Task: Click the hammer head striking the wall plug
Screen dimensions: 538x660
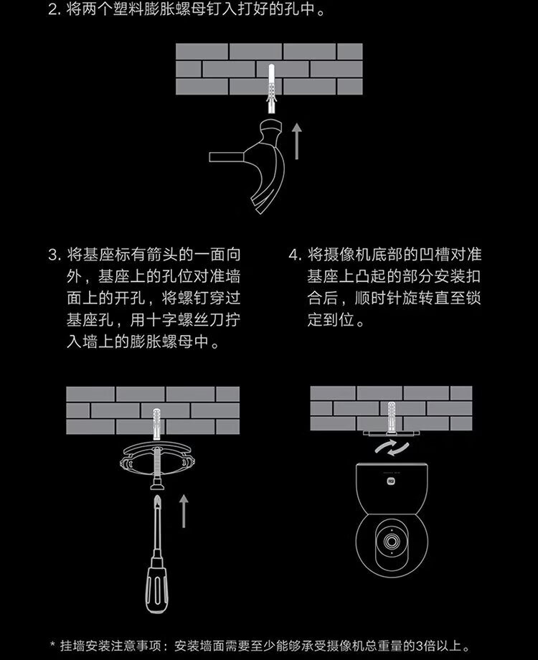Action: pyautogui.click(x=271, y=127)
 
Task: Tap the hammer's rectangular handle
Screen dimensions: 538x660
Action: pyautogui.click(x=227, y=157)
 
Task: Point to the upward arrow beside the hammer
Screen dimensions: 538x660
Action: pyautogui.click(x=297, y=141)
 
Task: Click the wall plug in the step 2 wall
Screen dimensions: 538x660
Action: pyautogui.click(x=272, y=88)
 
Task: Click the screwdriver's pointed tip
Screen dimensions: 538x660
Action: pyautogui.click(x=157, y=496)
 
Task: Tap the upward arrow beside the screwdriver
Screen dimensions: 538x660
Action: pyautogui.click(x=184, y=511)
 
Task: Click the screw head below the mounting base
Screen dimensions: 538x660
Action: pyautogui.click(x=157, y=484)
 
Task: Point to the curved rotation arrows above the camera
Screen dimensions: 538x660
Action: pyautogui.click(x=392, y=448)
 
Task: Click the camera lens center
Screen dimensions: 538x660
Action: pyautogui.click(x=392, y=541)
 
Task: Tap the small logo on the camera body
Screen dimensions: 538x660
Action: pyautogui.click(x=392, y=481)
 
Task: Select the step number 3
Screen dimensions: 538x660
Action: pyautogui.click(x=54, y=255)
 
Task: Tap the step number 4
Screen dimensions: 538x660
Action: pyautogui.click(x=294, y=255)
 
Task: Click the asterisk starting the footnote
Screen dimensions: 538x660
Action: pyautogui.click(x=52, y=644)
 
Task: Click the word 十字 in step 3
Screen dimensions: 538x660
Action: pyautogui.click(x=161, y=320)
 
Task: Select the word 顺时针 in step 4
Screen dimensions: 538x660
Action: pyautogui.click(x=377, y=298)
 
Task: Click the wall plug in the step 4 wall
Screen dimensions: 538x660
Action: pyautogui.click(x=392, y=417)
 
